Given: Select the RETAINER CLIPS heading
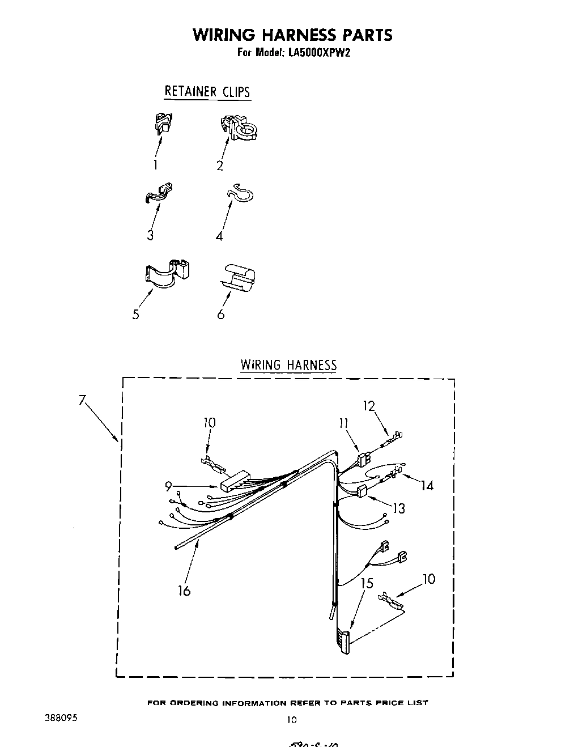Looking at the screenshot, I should tap(207, 91).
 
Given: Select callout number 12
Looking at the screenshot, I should tap(369, 406).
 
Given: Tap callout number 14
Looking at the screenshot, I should tap(427, 485).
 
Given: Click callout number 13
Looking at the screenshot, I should tap(399, 508).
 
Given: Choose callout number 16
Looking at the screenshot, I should tap(184, 591).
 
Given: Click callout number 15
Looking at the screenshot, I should tap(367, 583).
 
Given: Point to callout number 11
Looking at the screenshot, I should tap(344, 423).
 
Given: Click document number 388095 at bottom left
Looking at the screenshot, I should tap(61, 717).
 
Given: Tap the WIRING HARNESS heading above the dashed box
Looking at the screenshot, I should tap(288, 364).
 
